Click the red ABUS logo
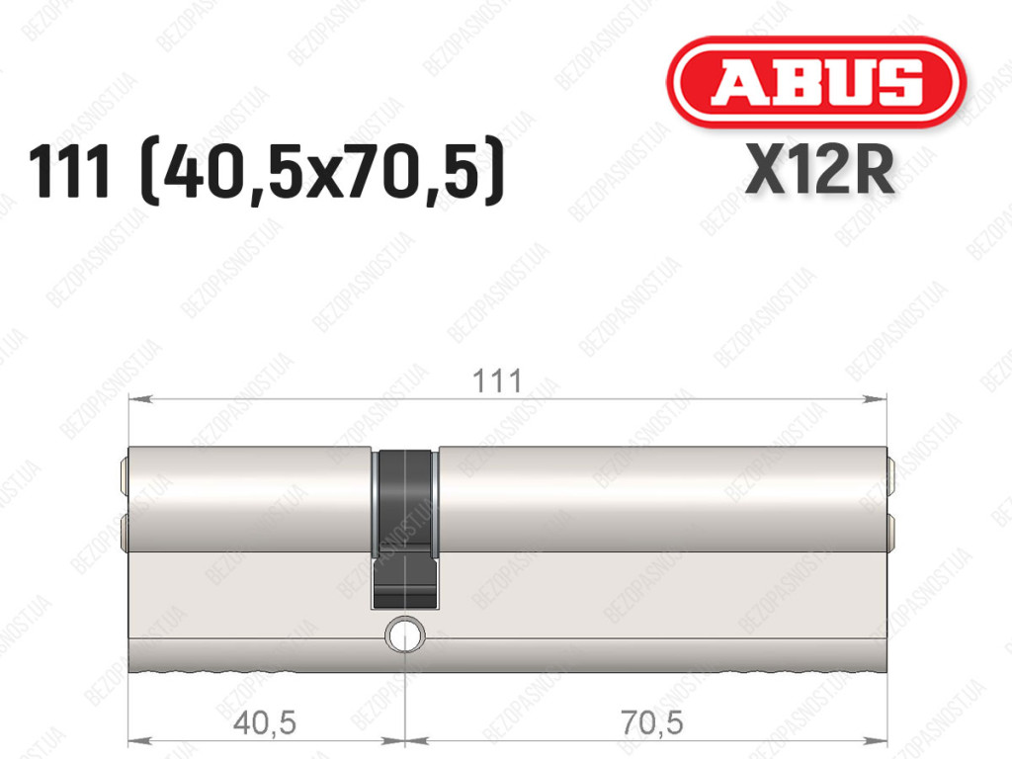point(815,82)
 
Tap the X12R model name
point(819,170)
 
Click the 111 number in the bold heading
point(69,172)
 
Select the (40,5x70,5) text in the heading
point(321,171)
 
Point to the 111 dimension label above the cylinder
point(497,380)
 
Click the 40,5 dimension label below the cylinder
point(265,721)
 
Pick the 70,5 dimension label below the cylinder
point(652,721)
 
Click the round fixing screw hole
point(405,634)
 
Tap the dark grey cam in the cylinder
point(404,529)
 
